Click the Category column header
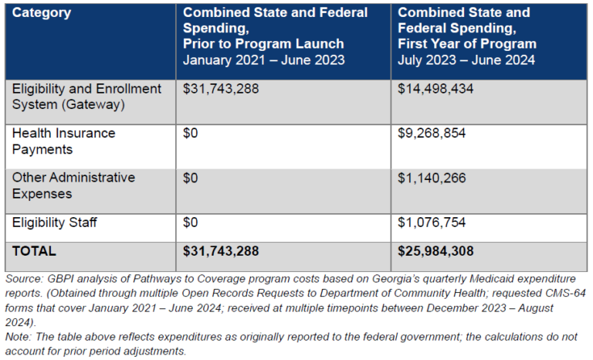[x=42, y=13]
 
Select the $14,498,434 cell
[x=435, y=89]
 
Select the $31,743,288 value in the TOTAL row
[x=221, y=251]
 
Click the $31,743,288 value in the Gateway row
[x=221, y=89]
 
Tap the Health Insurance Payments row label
[x=63, y=141]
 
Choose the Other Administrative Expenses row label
[x=73, y=185]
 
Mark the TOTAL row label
[x=34, y=251]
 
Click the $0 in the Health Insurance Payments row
[x=191, y=133]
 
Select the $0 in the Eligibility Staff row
[x=191, y=222]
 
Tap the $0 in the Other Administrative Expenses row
[x=191, y=178]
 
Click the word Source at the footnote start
[x=24, y=278]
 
